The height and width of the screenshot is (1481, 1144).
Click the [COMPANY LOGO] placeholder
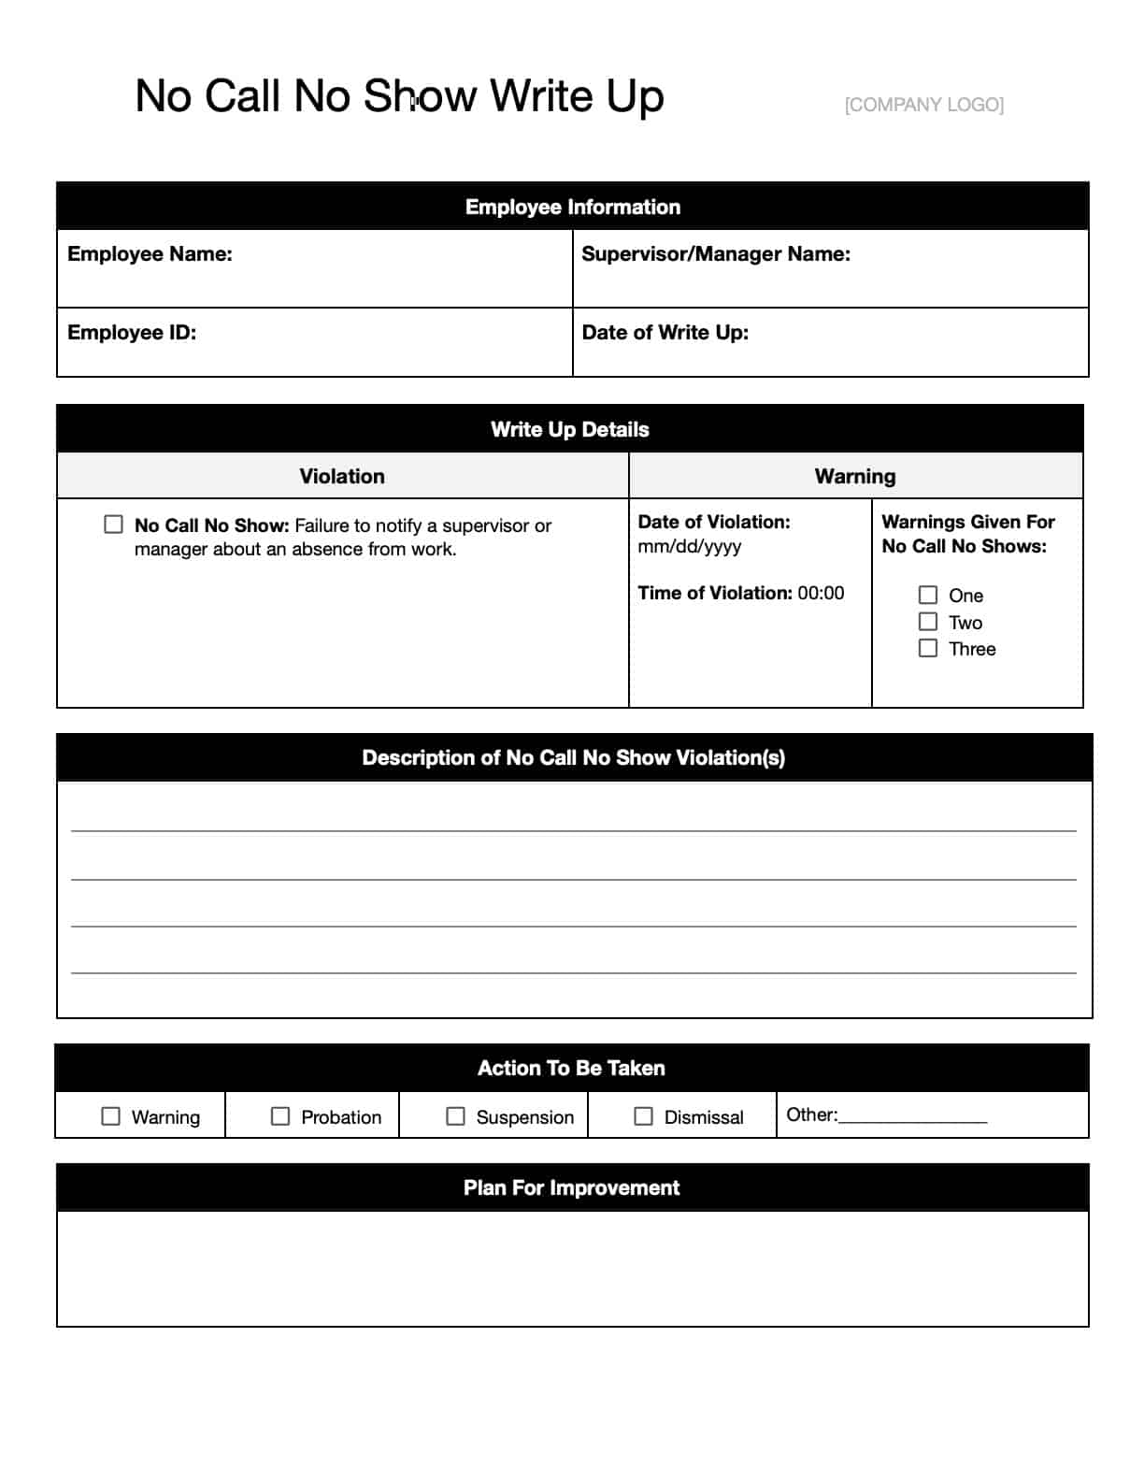pyautogui.click(x=923, y=105)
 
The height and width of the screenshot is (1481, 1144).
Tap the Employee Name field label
pyautogui.click(x=150, y=254)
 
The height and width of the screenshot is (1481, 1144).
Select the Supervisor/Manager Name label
pyautogui.click(x=716, y=254)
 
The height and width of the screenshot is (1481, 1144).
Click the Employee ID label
pyautogui.click(x=132, y=333)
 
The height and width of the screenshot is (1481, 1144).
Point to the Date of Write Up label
pyautogui.click(x=665, y=333)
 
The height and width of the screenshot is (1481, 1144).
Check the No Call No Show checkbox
pyautogui.click(x=114, y=525)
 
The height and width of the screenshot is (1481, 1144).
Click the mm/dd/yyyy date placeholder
pyautogui.click(x=690, y=547)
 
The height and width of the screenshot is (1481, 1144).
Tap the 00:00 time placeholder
pyautogui.click(x=821, y=593)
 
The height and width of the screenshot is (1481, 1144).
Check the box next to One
pyautogui.click(x=928, y=596)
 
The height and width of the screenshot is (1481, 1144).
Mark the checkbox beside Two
pyautogui.click(x=928, y=622)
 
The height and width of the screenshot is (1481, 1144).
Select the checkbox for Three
pyautogui.click(x=928, y=648)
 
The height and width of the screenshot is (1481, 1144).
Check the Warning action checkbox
pyautogui.click(x=111, y=1116)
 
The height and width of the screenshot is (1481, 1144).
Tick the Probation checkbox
pyautogui.click(x=280, y=1116)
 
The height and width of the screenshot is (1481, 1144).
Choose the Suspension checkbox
pyautogui.click(x=456, y=1116)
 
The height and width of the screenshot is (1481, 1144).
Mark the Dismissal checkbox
pyautogui.click(x=644, y=1116)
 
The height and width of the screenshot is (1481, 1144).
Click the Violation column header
pyautogui.click(x=342, y=477)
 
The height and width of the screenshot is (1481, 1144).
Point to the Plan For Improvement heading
pyautogui.click(x=572, y=1188)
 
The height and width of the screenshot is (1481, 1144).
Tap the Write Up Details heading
pyautogui.click(x=570, y=430)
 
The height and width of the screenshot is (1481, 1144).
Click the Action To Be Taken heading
pyautogui.click(x=572, y=1069)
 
